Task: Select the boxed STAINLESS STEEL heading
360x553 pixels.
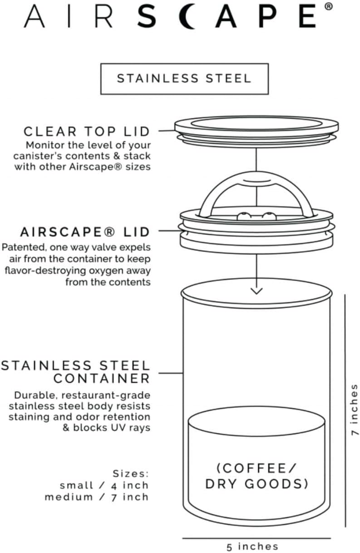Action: [x=184, y=78]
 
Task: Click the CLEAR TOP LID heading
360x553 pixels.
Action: [x=86, y=131]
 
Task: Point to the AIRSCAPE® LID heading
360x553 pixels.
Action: [x=85, y=232]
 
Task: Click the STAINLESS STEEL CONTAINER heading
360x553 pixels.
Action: [x=75, y=371]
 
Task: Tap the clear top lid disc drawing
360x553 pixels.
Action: [x=256, y=128]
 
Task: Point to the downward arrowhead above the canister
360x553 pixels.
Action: [x=256, y=290]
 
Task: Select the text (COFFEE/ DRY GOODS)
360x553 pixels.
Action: [x=256, y=476]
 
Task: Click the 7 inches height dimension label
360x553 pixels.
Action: [x=355, y=409]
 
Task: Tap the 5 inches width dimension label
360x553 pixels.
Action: [x=252, y=546]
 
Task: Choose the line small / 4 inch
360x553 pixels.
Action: [x=104, y=486]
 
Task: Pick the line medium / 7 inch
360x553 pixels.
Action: [x=96, y=497]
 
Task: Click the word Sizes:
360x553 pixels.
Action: [x=130, y=474]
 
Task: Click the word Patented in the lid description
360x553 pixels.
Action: [x=22, y=247]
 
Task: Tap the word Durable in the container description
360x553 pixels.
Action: [x=32, y=396]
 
